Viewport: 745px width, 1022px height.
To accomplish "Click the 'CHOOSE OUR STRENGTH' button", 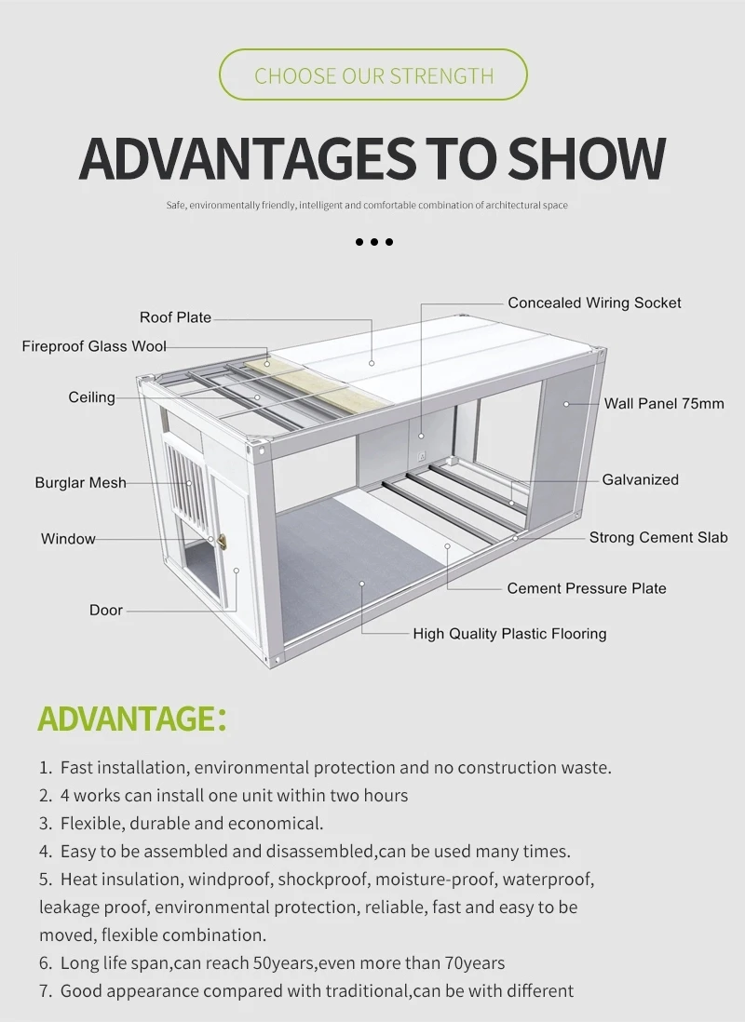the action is pyautogui.click(x=372, y=75).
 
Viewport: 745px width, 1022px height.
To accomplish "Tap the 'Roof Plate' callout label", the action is pyautogui.click(x=175, y=317).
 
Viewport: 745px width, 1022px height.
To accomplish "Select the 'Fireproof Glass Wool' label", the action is pyautogui.click(x=94, y=346).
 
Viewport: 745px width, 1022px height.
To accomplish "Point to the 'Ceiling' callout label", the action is pyautogui.click(x=91, y=397).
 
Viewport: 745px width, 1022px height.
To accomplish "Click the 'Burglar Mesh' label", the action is pyautogui.click(x=80, y=483).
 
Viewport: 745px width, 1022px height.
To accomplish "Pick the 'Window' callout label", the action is pyautogui.click(x=68, y=539).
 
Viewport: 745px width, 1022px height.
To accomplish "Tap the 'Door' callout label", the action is pyautogui.click(x=105, y=611).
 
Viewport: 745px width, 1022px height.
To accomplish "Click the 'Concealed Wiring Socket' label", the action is pyautogui.click(x=594, y=303).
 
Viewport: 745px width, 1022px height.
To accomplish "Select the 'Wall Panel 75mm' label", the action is pyautogui.click(x=663, y=403).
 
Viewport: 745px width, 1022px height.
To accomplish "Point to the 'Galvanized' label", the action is pyautogui.click(x=640, y=479).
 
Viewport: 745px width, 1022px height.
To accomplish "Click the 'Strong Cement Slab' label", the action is pyautogui.click(x=657, y=537).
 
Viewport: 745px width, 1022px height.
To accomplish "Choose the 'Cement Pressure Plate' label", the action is pyautogui.click(x=587, y=588).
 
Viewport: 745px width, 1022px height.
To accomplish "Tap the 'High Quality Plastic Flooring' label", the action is pyautogui.click(x=509, y=634).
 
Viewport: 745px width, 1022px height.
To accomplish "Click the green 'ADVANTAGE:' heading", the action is pyautogui.click(x=131, y=719).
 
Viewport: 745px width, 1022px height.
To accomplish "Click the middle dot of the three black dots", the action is pyautogui.click(x=374, y=242).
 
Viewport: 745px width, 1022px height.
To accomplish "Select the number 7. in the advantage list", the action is pyautogui.click(x=46, y=991).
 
